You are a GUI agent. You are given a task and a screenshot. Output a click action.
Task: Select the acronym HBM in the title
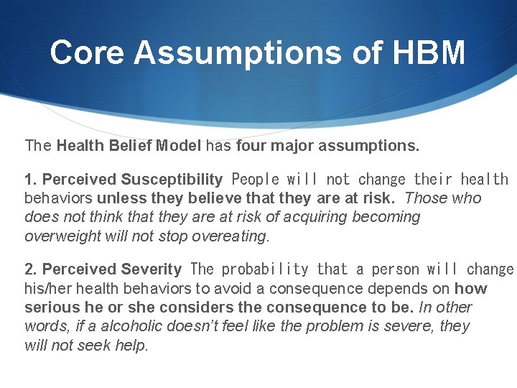click(433, 52)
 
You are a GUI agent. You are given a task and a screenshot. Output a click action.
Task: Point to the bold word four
click(248, 146)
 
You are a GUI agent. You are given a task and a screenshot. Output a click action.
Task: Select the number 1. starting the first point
click(32, 179)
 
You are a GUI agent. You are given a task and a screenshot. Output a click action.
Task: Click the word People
click(256, 179)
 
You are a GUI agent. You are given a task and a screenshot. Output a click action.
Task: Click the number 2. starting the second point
click(32, 269)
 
